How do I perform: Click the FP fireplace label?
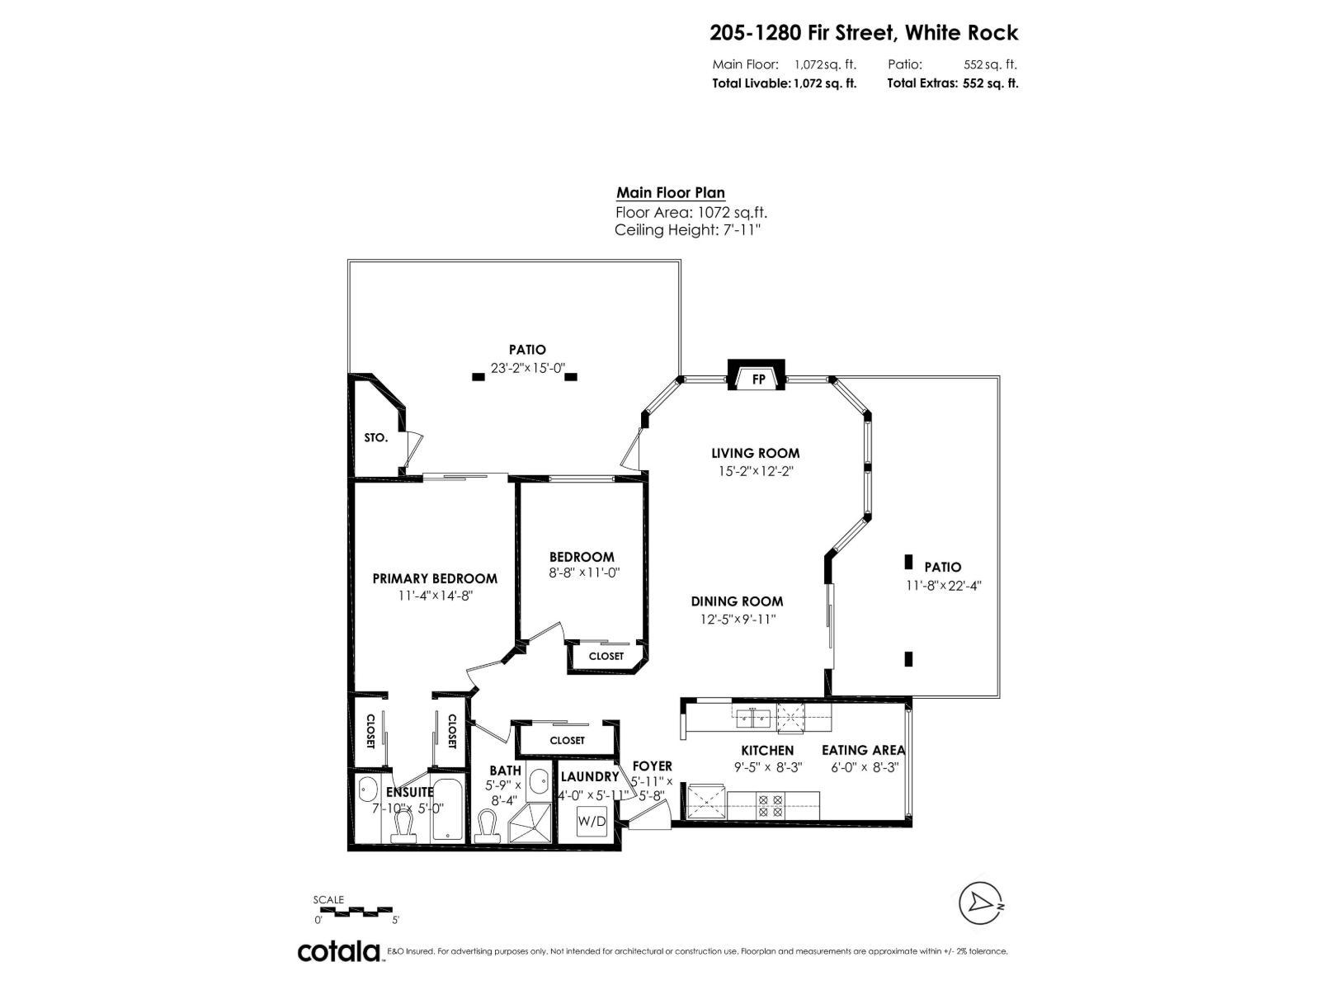758,379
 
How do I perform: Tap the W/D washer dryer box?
592,822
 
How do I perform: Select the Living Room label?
755,453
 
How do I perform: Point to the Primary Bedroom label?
435,578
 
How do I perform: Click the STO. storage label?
375,437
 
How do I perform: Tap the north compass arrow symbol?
982,903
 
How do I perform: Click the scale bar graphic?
356,911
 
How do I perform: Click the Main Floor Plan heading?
671,193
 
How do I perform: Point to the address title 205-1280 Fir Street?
864,33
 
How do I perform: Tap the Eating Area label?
863,750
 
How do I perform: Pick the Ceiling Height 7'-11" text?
686,230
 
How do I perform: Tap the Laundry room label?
589,776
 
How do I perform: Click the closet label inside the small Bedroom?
606,656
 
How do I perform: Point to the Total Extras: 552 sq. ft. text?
952,83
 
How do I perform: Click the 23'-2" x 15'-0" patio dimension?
528,368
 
